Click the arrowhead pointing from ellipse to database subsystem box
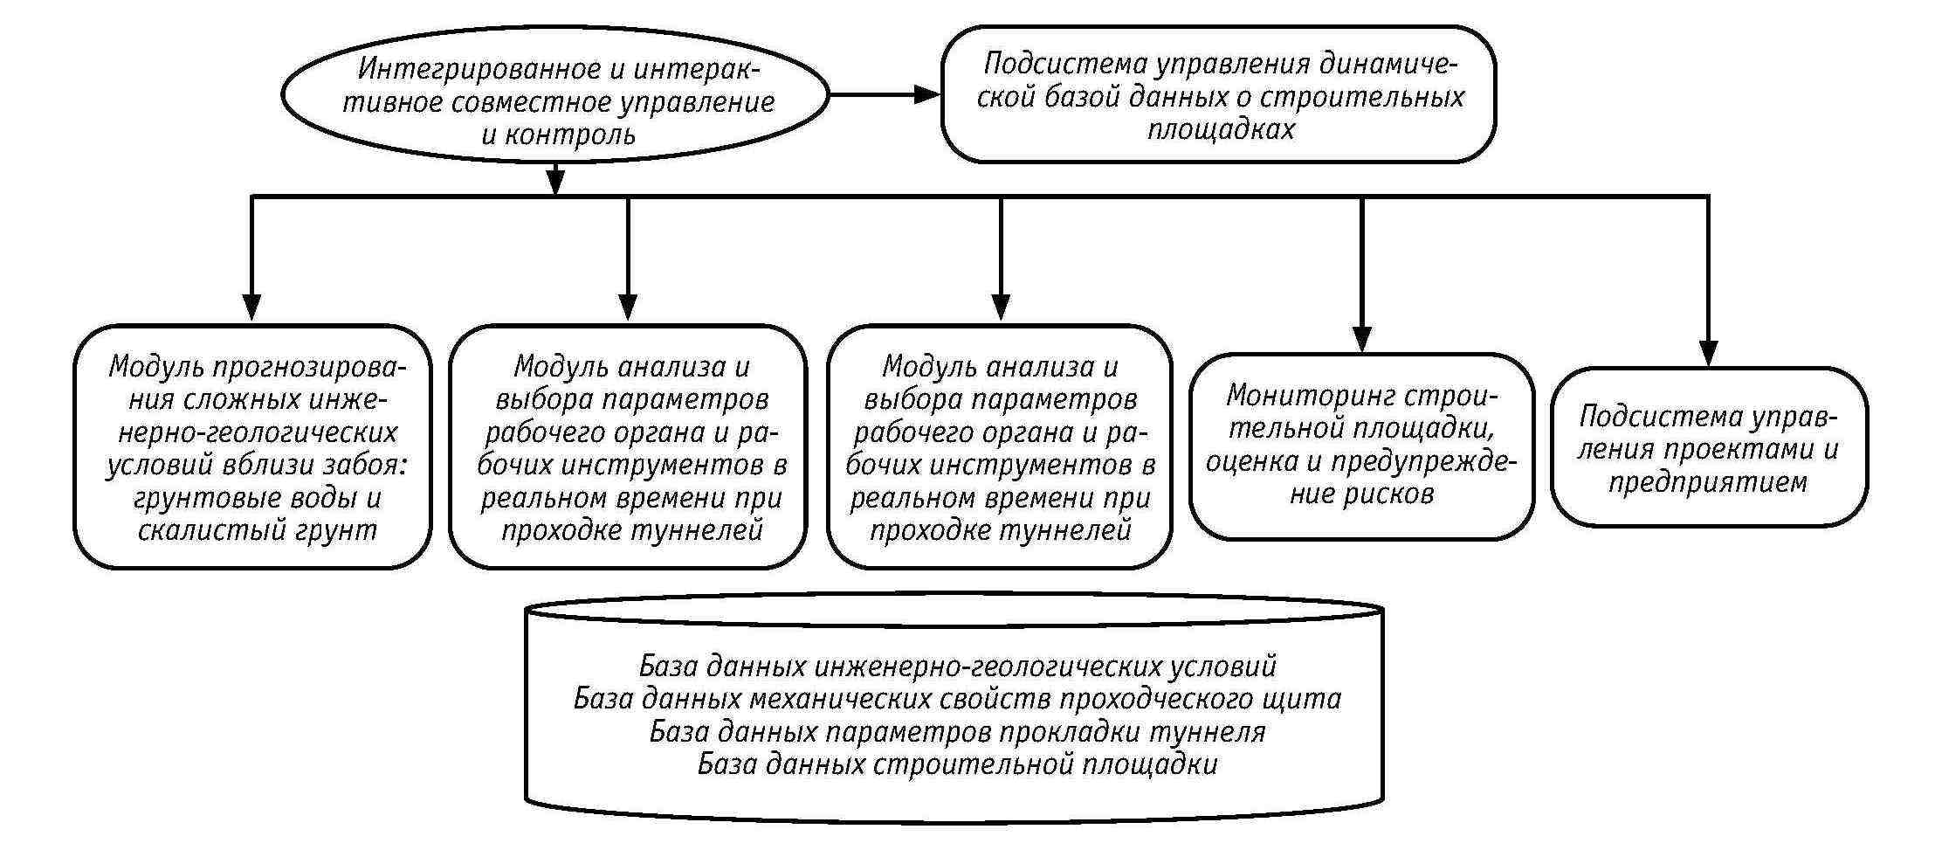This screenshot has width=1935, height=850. pyautogui.click(x=926, y=93)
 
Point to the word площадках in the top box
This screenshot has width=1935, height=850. pyautogui.click(x=1221, y=129)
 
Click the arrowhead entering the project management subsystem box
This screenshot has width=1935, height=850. pyautogui.click(x=1708, y=353)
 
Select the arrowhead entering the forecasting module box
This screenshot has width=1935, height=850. pyautogui.click(x=251, y=308)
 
